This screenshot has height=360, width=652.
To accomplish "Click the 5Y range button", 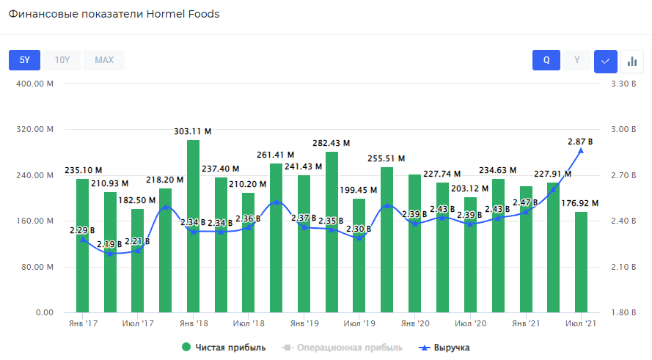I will point(24,60).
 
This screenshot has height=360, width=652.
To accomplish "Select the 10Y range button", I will point(62,60).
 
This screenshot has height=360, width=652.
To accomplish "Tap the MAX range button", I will point(104,60).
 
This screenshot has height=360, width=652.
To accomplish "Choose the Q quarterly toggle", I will point(546,60).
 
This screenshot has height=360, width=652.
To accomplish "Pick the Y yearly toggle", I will point(576,60).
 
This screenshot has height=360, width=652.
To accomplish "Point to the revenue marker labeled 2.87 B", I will point(581,150).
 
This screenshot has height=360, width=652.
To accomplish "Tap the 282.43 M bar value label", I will point(332,143).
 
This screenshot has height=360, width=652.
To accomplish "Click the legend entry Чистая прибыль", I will point(224,348).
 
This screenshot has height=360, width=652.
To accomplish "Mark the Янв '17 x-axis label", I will point(83,323).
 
